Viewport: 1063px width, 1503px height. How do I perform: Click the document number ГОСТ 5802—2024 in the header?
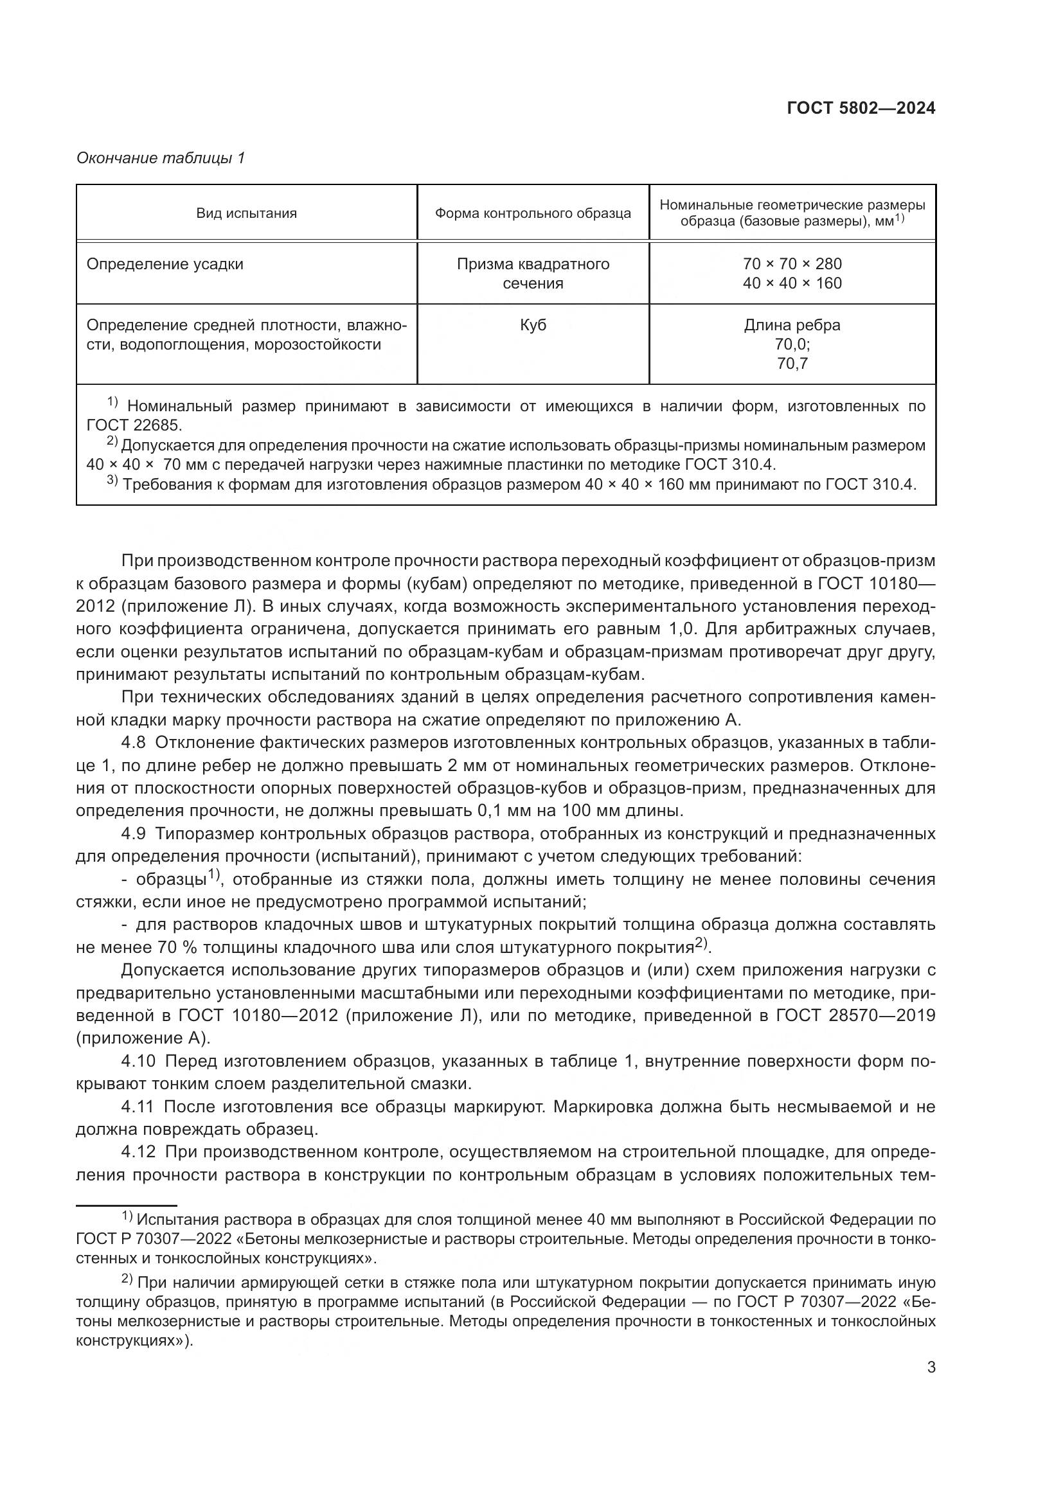pyautogui.click(x=861, y=109)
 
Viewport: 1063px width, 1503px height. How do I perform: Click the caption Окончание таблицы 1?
pyautogui.click(x=161, y=158)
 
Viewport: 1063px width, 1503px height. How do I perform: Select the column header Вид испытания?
pyautogui.click(x=246, y=213)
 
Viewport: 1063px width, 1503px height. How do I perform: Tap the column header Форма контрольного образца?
pyautogui.click(x=533, y=213)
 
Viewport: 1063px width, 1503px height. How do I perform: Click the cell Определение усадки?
pyautogui.click(x=165, y=264)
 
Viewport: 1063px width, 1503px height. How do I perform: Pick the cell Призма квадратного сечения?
pyautogui.click(x=533, y=273)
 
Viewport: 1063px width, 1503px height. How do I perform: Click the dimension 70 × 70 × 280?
pyautogui.click(x=792, y=264)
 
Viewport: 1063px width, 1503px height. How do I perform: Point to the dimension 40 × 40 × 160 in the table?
pyautogui.click(x=792, y=283)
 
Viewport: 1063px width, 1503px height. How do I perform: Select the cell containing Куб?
pyautogui.click(x=533, y=325)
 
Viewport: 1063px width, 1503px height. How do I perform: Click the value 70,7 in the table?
pyautogui.click(x=792, y=363)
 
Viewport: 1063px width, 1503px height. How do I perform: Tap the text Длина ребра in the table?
pyautogui.click(x=792, y=325)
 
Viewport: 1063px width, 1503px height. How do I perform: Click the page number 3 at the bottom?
pyautogui.click(x=931, y=1367)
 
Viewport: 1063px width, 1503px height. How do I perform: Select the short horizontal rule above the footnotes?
pyautogui.click(x=127, y=1205)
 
